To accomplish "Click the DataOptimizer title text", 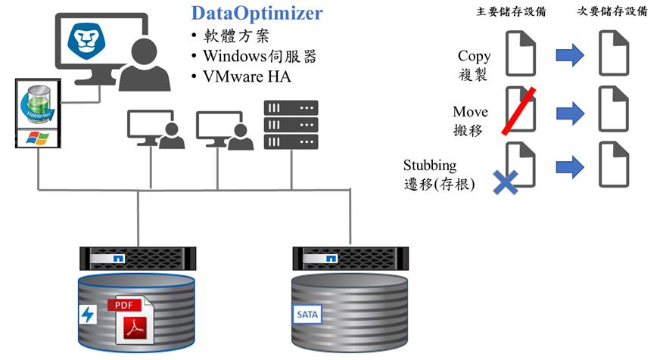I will tap(257, 13).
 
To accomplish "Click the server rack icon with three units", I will tap(291, 125).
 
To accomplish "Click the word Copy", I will tap(474, 56).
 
